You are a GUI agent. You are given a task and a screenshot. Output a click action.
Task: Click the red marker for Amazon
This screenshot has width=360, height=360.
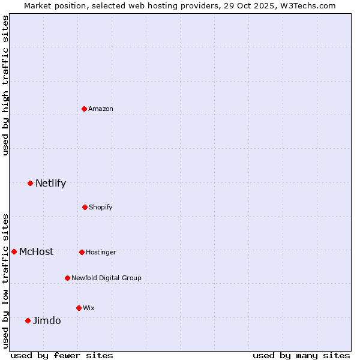(85, 109)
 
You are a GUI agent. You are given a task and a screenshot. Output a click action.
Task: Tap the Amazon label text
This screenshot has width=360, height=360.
(101, 109)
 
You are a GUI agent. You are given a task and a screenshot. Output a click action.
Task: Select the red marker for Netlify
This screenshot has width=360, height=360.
(30, 183)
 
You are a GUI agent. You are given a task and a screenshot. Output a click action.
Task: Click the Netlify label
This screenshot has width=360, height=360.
(50, 184)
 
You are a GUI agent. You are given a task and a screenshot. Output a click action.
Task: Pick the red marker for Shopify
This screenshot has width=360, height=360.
(85, 207)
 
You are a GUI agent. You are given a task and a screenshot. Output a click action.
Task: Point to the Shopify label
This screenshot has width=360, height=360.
(101, 208)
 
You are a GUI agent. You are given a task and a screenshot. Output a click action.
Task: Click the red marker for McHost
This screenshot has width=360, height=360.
(14, 251)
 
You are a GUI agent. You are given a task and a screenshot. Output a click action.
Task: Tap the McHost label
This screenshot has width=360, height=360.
(36, 252)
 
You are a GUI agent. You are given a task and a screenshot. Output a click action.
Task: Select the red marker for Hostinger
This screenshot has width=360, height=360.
(82, 252)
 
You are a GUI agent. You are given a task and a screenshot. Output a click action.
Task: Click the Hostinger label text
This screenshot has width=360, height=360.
(101, 253)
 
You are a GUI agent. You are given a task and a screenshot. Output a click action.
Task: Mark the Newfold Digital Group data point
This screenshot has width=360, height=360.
(67, 278)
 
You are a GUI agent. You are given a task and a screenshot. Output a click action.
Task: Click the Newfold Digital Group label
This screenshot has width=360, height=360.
(106, 278)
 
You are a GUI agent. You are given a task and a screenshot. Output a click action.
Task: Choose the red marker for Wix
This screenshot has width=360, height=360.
(79, 308)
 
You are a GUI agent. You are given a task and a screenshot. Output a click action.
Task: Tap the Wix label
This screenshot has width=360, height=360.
(89, 308)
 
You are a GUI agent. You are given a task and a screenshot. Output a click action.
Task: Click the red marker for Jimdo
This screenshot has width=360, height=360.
(28, 320)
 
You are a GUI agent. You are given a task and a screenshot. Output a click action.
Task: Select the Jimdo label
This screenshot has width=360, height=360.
(47, 321)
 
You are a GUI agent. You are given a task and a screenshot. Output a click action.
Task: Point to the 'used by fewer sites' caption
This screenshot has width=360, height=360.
(62, 355)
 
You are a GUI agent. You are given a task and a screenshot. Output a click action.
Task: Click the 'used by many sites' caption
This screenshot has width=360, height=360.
(301, 355)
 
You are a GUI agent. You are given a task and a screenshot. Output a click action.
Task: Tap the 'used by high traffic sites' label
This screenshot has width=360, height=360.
(6, 85)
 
